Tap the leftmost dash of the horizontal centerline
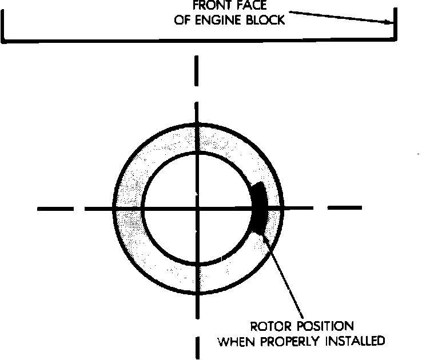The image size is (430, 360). pyautogui.click(x=55, y=209)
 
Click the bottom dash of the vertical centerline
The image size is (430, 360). pyautogui.click(x=197, y=347)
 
